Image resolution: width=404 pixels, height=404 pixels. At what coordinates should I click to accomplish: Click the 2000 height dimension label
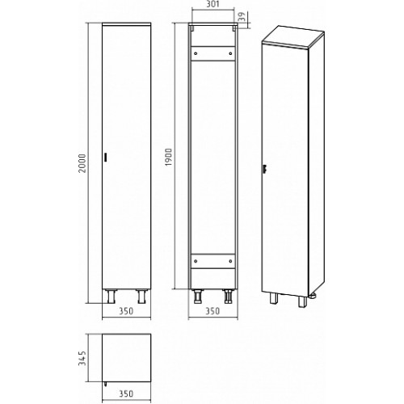[x=82, y=163]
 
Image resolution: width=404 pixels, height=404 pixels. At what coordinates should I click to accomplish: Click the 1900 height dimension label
[x=168, y=157]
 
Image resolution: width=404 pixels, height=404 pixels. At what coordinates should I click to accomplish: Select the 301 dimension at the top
[x=213, y=4]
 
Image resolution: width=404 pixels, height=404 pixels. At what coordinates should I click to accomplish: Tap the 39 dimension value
[x=242, y=16]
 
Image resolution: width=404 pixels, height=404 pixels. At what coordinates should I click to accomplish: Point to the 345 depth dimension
[x=82, y=358]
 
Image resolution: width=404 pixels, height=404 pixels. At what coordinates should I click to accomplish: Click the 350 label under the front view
[x=126, y=311]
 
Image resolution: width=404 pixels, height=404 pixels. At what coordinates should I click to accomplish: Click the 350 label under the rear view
[x=213, y=311]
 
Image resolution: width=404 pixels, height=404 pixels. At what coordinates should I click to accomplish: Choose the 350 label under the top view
[x=126, y=393]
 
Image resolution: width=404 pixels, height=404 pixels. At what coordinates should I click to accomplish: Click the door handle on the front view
[x=106, y=158]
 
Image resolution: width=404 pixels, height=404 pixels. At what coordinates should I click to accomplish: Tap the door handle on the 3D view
[x=265, y=169]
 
